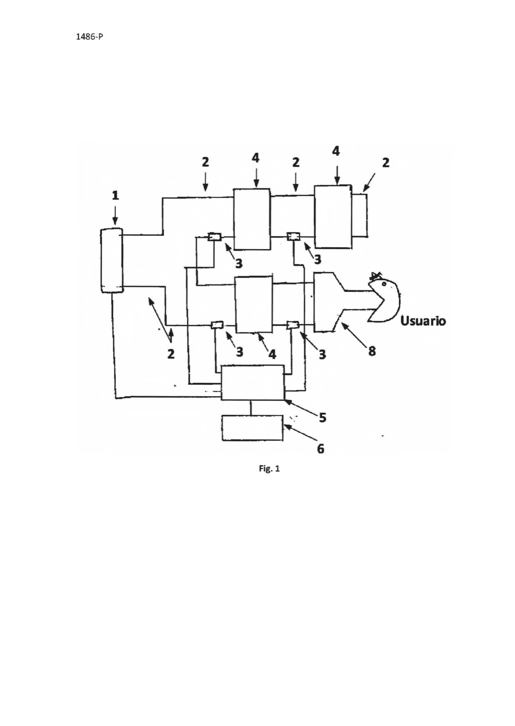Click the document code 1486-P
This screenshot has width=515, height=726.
click(90, 37)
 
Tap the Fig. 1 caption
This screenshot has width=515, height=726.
click(269, 469)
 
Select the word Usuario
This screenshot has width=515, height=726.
click(423, 321)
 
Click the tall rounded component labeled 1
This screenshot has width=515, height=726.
click(112, 260)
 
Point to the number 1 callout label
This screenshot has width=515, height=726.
click(115, 196)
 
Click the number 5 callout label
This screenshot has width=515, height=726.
click(322, 417)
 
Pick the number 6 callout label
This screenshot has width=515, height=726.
click(320, 448)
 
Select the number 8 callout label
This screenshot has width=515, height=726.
click(372, 351)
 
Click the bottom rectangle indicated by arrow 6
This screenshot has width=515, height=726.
click(252, 427)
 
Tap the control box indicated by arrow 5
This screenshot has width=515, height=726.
click(252, 382)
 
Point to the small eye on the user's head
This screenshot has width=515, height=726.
click(384, 284)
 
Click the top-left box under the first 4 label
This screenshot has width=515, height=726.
click(252, 219)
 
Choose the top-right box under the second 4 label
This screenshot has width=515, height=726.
click(333, 217)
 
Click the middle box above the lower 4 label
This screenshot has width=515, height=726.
click(254, 304)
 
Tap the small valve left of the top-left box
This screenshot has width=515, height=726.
click(214, 237)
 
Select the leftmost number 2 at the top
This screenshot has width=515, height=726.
click(206, 162)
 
